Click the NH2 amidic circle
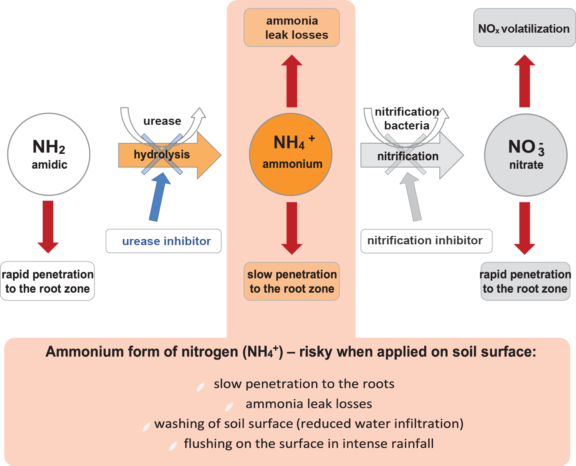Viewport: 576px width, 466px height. (x=49, y=154)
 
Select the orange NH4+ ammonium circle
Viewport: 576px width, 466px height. (x=291, y=154)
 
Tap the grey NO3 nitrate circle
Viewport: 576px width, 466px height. (x=525, y=155)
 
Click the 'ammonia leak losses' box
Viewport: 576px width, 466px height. (x=292, y=28)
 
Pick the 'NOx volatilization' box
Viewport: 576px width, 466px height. (x=524, y=28)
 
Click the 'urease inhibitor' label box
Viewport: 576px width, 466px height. (x=164, y=241)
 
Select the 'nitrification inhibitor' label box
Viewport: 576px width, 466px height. (x=426, y=241)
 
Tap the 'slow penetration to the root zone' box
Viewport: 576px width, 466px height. (x=292, y=281)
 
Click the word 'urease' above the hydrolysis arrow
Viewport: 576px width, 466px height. (x=162, y=121)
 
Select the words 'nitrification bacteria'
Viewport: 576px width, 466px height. (x=407, y=119)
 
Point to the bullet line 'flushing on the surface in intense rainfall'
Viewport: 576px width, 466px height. (x=308, y=444)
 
